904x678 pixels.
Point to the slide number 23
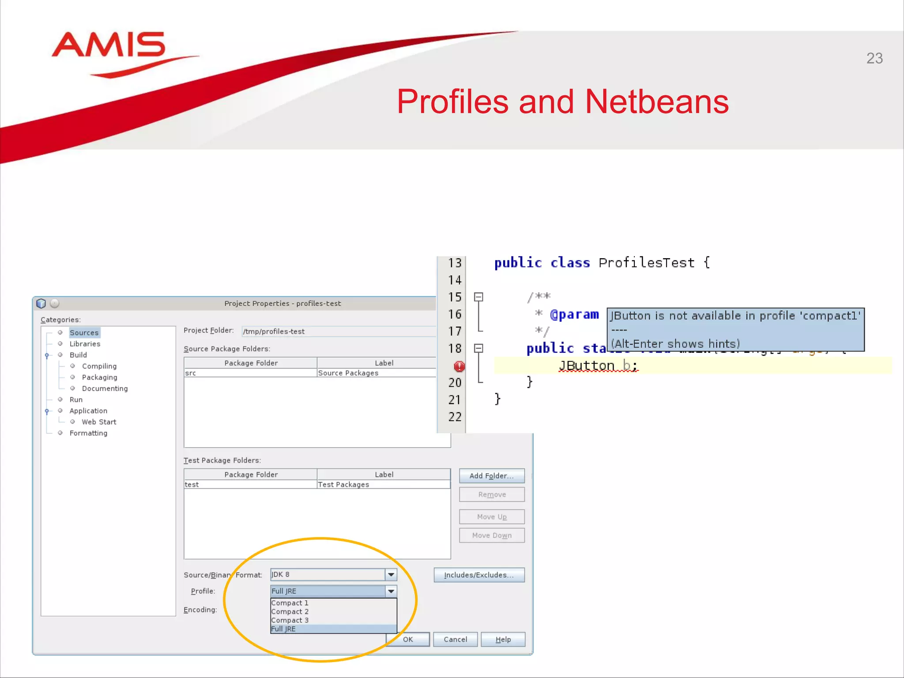pyautogui.click(x=874, y=58)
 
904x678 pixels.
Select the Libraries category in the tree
pyautogui.click(x=85, y=344)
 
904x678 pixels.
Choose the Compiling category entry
pyautogui.click(x=99, y=366)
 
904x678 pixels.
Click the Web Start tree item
pyautogui.click(x=99, y=422)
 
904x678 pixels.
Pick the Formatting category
pyautogui.click(x=88, y=433)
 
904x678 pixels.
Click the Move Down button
pyautogui.click(x=492, y=535)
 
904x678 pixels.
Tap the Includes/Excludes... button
pyautogui.click(x=479, y=575)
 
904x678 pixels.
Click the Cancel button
pyautogui.click(x=455, y=639)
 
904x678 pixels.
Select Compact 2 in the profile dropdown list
pyautogui.click(x=290, y=612)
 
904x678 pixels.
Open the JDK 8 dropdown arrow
pyautogui.click(x=391, y=574)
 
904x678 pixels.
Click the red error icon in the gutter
pyautogui.click(x=459, y=366)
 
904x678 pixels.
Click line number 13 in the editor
pyautogui.click(x=455, y=263)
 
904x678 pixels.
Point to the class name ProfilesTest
pyautogui.click(x=646, y=263)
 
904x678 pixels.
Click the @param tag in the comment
pyautogui.click(x=574, y=315)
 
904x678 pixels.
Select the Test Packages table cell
pyautogui.click(x=343, y=485)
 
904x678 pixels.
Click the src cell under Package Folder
pyautogui.click(x=191, y=373)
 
